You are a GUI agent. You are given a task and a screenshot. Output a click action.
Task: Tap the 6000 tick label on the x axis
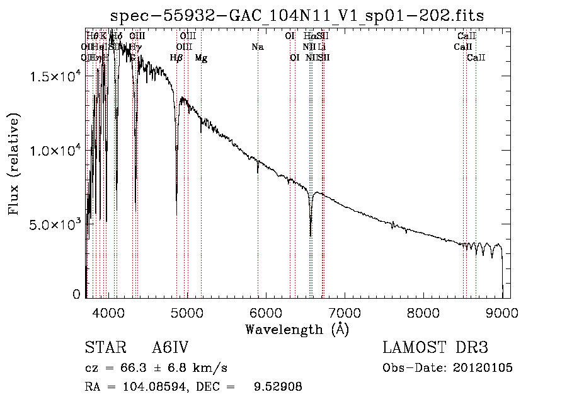click(x=266, y=312)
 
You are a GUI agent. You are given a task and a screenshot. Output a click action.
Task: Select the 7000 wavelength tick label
click(x=345, y=312)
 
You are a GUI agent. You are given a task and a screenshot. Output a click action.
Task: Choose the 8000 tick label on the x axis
click(x=423, y=312)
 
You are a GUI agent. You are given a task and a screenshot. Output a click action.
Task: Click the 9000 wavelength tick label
click(x=502, y=312)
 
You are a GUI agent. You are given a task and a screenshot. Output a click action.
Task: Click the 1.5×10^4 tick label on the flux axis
click(x=56, y=76)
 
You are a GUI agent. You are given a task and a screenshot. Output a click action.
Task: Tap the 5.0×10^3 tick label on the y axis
click(x=56, y=225)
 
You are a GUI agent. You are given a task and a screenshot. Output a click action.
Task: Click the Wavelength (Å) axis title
click(x=297, y=329)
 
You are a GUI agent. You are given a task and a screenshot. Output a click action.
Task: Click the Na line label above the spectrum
click(x=257, y=47)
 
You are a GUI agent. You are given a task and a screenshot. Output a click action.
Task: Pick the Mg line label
click(x=201, y=58)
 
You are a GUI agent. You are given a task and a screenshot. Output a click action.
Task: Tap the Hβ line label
click(x=177, y=58)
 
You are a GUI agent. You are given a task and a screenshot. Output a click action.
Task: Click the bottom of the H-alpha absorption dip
click(x=311, y=236)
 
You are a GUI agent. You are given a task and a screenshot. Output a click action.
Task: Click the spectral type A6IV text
click(x=171, y=348)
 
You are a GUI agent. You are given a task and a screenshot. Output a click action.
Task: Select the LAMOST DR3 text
click(x=435, y=348)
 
